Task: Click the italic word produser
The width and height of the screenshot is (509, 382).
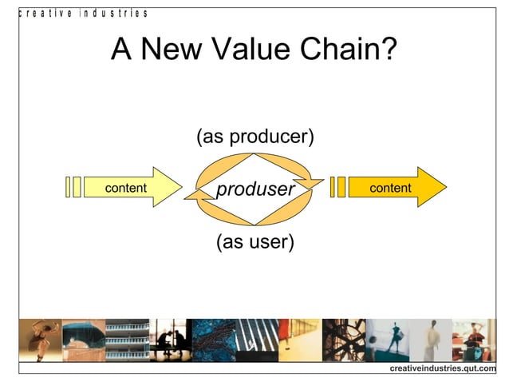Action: click(255, 189)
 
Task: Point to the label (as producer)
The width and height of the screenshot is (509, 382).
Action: click(255, 137)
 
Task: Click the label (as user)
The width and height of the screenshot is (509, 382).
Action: click(255, 241)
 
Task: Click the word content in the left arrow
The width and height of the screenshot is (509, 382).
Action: click(125, 188)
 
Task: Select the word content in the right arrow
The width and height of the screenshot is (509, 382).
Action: click(390, 188)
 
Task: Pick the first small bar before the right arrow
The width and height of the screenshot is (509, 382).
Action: click(333, 187)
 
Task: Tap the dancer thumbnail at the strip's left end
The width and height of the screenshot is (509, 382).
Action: click(40, 340)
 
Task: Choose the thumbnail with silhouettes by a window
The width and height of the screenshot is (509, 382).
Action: click(172, 340)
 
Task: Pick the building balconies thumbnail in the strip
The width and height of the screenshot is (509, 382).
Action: click(128, 340)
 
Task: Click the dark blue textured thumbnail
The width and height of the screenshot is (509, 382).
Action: click(214, 340)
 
